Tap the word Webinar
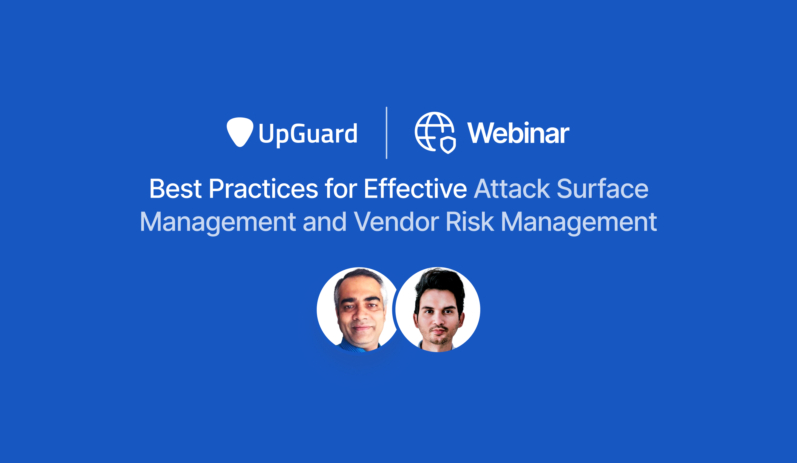click(518, 133)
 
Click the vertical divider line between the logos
click(387, 133)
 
